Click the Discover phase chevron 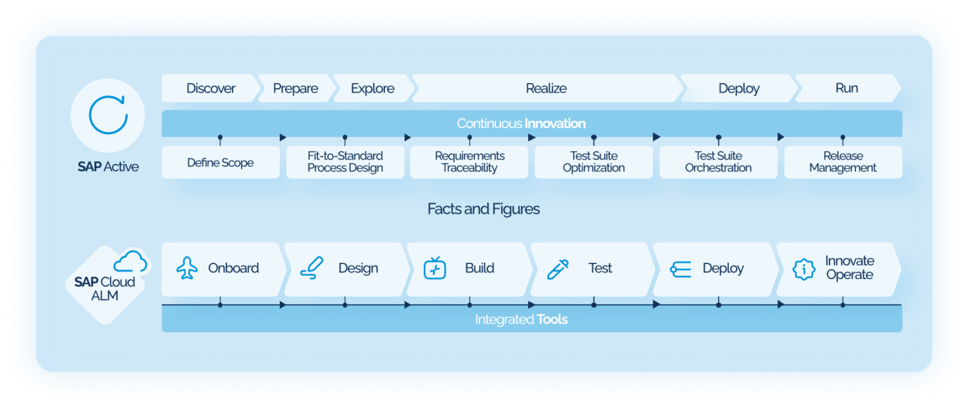211,89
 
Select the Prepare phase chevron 295,89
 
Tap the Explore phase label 372,89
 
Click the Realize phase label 546,89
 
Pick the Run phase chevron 847,88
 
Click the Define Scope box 220,163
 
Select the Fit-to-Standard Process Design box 345,162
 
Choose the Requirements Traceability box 469,162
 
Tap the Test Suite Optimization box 594,162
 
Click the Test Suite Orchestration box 718,162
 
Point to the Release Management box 843,162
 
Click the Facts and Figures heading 483,209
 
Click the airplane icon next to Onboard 187,268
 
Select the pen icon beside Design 311,268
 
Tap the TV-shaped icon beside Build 435,268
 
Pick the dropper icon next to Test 558,268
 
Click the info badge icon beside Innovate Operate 803,268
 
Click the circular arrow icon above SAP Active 108,115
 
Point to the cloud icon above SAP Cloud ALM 131,261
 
